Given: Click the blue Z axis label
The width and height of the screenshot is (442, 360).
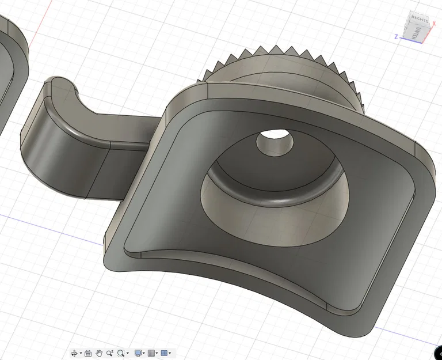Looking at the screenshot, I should click(396, 36).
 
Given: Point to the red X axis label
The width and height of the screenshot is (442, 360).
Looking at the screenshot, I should click(434, 23).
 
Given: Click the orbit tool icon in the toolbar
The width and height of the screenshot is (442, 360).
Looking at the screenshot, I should click(74, 353).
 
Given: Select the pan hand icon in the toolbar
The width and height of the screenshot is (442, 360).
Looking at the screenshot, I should click(99, 353).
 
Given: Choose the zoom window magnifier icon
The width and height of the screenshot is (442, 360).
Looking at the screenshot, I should click(121, 353).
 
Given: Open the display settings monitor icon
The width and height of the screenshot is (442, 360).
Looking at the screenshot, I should click(138, 353).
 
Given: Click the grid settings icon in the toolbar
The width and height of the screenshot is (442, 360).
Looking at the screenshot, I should click(151, 353).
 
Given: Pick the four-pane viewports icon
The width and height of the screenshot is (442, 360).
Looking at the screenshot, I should click(164, 353).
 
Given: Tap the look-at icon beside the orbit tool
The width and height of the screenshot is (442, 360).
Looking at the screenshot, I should click(88, 353).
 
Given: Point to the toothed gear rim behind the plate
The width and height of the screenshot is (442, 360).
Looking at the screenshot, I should click(270, 55).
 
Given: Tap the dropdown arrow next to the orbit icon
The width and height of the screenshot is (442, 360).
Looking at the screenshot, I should click(81, 353).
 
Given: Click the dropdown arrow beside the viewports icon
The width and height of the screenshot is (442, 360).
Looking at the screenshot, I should click(170, 353).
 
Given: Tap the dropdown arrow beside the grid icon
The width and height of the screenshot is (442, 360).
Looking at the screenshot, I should click(157, 353).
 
